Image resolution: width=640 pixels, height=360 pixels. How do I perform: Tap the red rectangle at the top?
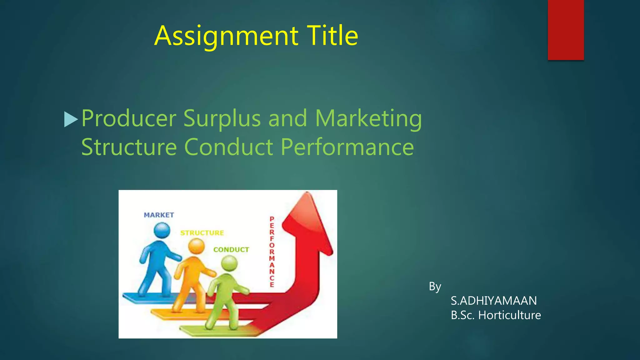click(x=566, y=30)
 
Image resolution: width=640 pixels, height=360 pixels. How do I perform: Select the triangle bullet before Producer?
click(x=70, y=119)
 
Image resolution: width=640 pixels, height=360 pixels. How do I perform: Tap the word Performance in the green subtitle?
click(x=347, y=147)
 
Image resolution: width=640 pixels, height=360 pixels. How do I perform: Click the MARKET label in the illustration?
click(x=159, y=215)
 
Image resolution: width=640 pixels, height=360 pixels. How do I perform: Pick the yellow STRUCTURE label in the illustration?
click(x=202, y=233)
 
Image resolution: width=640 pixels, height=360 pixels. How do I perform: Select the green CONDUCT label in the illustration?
click(x=231, y=250)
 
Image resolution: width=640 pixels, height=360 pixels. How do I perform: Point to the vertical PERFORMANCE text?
click(x=272, y=252)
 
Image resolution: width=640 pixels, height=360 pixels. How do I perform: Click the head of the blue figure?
click(x=162, y=231)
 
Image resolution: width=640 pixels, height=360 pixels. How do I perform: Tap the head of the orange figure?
click(x=197, y=246)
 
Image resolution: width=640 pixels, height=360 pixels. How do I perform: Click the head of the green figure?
click(x=229, y=263)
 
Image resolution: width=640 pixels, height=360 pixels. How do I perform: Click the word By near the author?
click(x=435, y=287)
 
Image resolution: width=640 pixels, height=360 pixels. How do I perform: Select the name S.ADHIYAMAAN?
click(x=494, y=301)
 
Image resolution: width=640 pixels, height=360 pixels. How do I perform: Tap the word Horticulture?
click(x=509, y=315)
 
